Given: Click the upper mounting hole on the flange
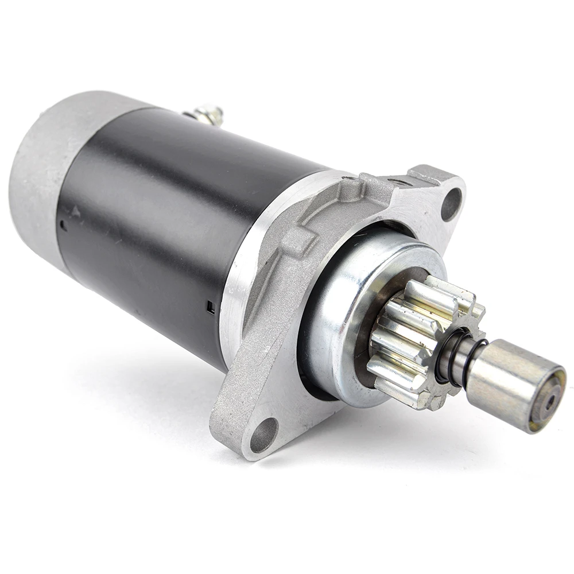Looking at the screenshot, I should [451, 204].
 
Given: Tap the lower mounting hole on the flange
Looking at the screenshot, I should [264, 435].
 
